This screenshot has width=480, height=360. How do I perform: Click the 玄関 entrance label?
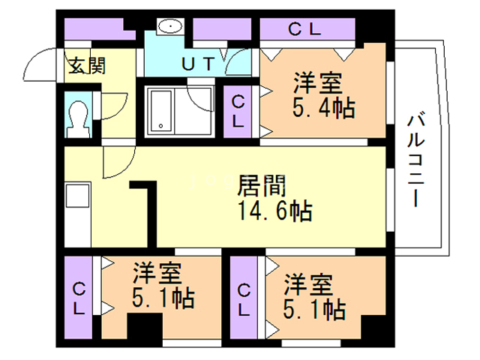coord(87,65)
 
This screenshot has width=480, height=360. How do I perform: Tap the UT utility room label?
coord(197,64)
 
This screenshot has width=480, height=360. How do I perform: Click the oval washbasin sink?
coord(170,25)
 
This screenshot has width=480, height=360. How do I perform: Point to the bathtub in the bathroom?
coord(160,111)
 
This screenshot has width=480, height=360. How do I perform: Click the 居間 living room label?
coord(262,185)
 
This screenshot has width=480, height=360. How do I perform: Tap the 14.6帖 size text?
coord(275,211)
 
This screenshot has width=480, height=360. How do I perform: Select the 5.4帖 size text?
coord(324,108)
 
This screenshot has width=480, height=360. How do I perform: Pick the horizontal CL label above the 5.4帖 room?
coord(304,29)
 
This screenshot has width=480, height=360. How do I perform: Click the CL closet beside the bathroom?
coord(238,112)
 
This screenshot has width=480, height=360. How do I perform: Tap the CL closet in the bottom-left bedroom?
coord(78,298)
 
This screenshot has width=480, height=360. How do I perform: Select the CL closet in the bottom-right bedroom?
coord(244,298)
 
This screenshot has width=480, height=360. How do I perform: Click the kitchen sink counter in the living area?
coord(78,214)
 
